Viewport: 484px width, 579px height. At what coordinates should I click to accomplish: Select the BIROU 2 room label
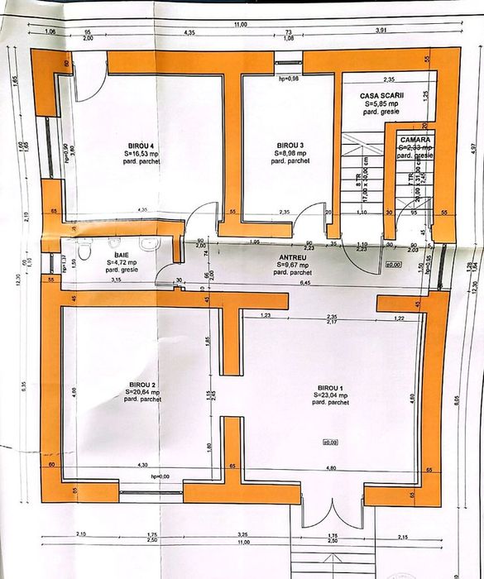coord(142,385)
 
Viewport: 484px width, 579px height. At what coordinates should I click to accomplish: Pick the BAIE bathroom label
coord(122,256)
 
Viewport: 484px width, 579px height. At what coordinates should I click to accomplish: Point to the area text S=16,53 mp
coord(139,153)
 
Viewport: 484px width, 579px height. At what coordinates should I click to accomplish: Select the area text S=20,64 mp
coord(142,393)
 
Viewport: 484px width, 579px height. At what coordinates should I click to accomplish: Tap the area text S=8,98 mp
coord(290,153)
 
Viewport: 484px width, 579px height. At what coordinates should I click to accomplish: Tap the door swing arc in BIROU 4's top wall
coord(93,69)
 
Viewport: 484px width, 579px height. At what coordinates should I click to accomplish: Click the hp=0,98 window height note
coord(288,79)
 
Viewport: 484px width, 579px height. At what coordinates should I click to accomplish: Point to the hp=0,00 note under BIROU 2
coord(160,477)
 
